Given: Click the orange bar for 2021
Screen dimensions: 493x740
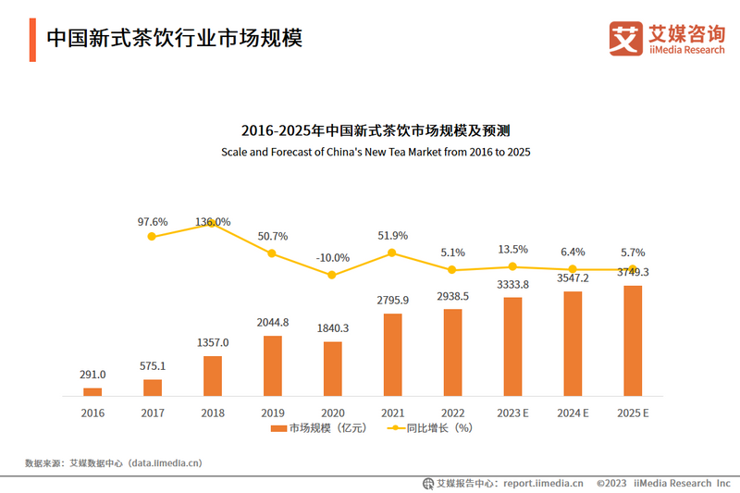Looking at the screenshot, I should [x=392, y=354].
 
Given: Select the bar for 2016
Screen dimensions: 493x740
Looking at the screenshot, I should [x=92, y=391].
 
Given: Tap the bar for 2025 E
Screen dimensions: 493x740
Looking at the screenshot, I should [x=633, y=340].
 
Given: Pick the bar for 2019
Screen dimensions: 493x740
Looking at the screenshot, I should [x=272, y=365].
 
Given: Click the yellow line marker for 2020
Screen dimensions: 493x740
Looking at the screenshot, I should [x=332, y=275].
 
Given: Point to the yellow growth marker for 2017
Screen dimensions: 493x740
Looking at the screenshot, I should [x=152, y=237].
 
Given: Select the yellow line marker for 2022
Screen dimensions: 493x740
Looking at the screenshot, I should [x=452, y=270].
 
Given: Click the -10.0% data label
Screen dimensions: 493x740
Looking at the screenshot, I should [x=332, y=257].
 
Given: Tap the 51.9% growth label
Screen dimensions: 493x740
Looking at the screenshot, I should [x=392, y=236].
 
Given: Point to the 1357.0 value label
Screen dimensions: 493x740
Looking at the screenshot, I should [x=212, y=342].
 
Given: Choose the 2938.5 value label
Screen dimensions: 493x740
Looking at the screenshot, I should [x=452, y=296].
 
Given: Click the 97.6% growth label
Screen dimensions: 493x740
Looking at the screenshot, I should [x=152, y=222].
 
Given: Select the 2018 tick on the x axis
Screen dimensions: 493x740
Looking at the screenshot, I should [x=212, y=413].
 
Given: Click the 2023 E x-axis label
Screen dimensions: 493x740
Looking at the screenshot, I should [x=512, y=413].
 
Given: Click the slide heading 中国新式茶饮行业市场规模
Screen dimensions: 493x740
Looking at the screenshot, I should [x=174, y=38].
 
